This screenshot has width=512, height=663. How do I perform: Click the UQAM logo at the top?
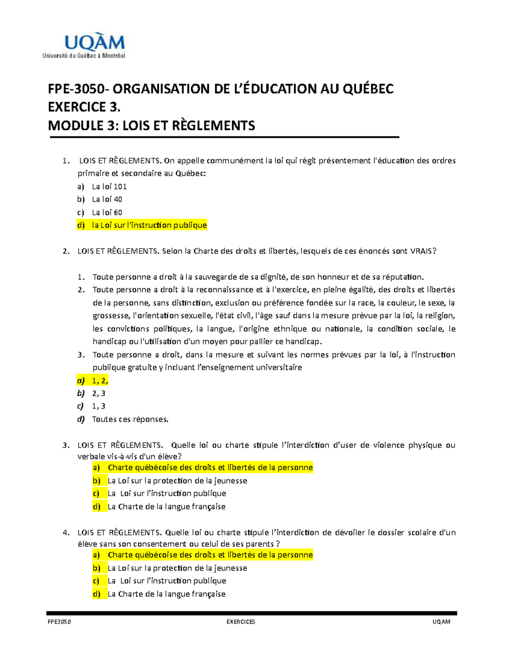[84, 46]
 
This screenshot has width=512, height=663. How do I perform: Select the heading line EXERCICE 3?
[84, 107]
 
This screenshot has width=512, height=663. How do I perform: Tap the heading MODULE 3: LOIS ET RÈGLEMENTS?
[151, 126]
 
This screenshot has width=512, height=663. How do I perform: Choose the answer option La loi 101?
[109, 187]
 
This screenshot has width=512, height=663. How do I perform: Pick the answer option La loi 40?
[107, 199]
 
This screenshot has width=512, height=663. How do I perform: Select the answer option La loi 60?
[107, 213]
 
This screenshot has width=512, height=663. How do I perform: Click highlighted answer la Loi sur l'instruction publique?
[149, 225]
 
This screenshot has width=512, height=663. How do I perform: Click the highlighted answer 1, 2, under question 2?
[100, 380]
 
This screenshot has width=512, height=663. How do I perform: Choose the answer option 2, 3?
[99, 393]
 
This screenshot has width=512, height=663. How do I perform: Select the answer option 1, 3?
[99, 406]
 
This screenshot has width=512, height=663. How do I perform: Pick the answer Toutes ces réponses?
[130, 419]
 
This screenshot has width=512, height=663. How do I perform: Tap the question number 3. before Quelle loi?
[66, 445]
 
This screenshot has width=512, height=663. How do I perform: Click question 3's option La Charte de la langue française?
[166, 507]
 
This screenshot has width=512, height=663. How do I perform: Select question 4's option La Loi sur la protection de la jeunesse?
[177, 568]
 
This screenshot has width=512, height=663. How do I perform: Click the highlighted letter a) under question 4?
[96, 555]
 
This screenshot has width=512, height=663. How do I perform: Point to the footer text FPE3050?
[59, 622]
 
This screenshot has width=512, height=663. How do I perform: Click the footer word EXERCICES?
[241, 622]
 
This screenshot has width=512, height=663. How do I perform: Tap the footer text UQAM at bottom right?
[441, 622]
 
